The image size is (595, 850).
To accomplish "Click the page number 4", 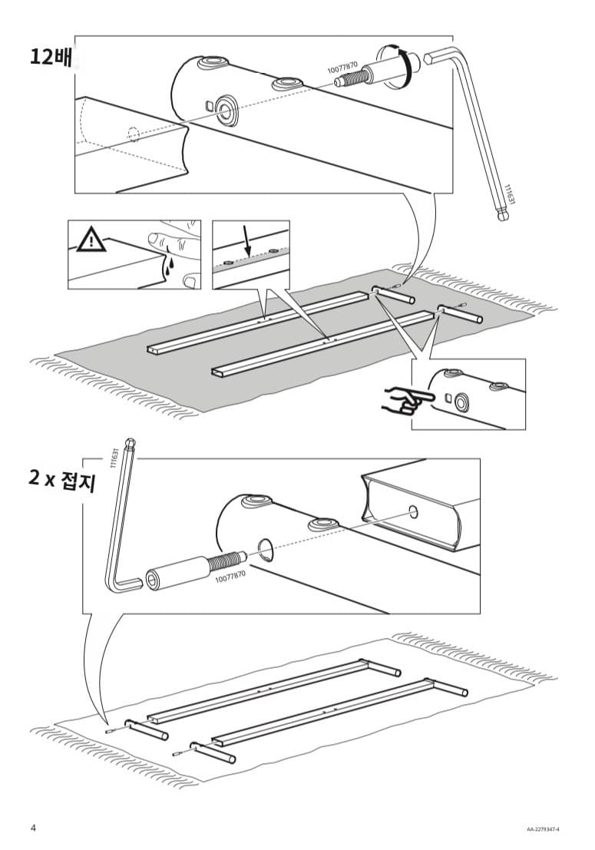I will click(x=33, y=828).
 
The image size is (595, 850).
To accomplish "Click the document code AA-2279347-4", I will click(x=543, y=829).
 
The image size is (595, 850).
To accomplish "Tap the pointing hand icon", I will click(x=404, y=401).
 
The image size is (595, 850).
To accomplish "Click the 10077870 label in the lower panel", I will click(x=230, y=573).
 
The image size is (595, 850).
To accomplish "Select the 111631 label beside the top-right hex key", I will click(x=507, y=193).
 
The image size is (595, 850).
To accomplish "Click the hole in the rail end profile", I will click(x=414, y=511).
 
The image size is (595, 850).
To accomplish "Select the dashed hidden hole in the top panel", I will click(x=134, y=135).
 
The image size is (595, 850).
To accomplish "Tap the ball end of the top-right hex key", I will click(x=503, y=216).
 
